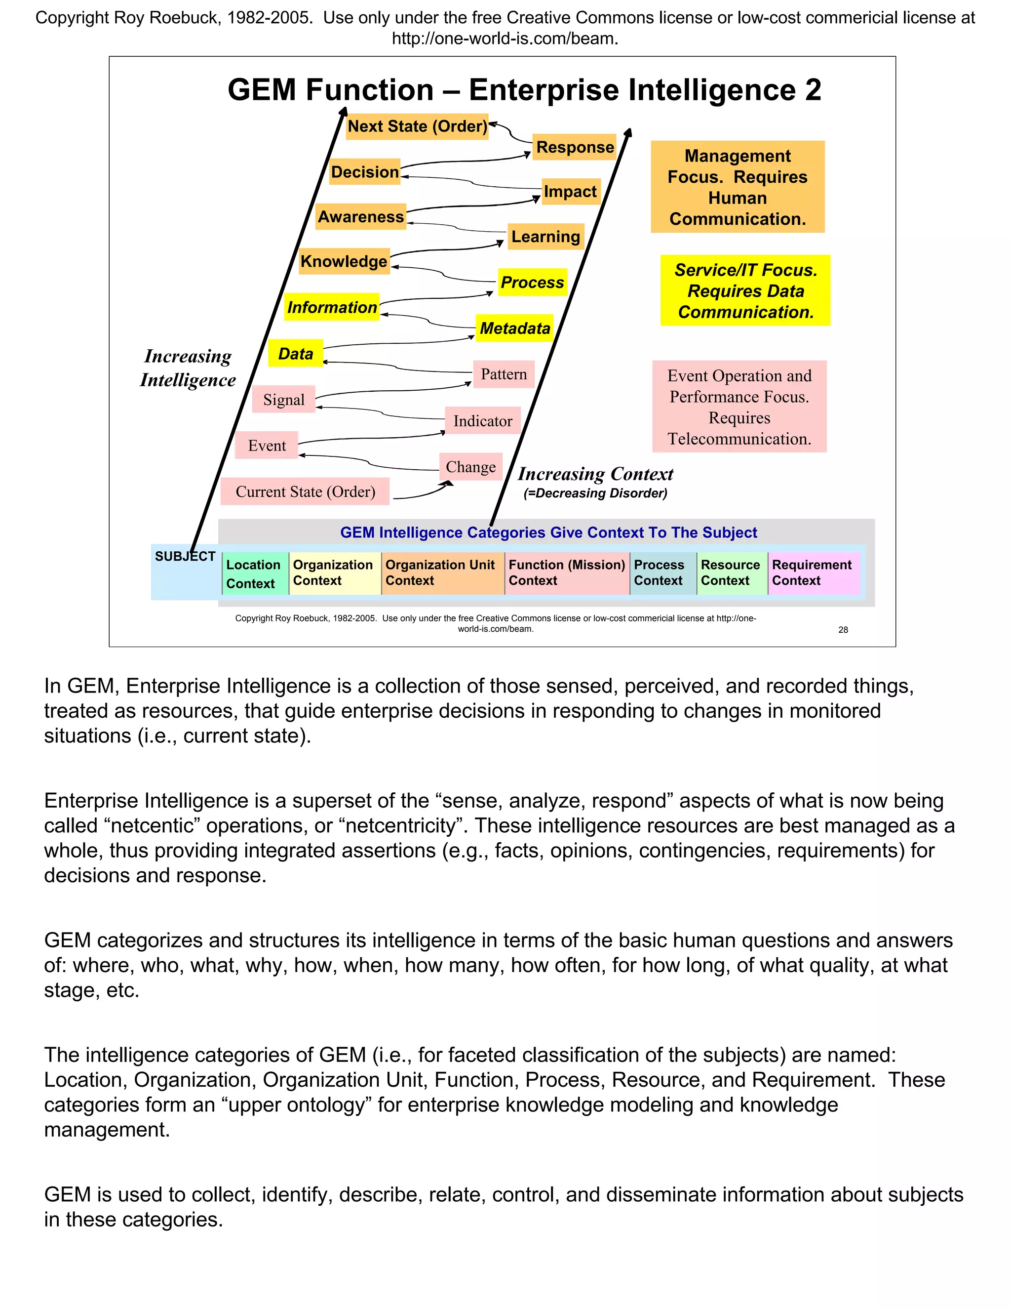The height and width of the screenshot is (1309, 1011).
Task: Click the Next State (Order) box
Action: pyautogui.click(x=418, y=126)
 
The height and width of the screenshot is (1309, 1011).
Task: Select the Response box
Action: pyautogui.click(x=575, y=147)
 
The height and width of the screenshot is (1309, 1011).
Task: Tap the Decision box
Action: pyautogui.click(x=365, y=172)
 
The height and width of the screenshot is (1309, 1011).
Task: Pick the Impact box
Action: pyautogui.click(x=570, y=192)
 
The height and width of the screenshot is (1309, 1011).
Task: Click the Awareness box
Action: pyautogui.click(x=360, y=216)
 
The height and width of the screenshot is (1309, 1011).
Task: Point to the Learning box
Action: pyautogui.click(x=545, y=237)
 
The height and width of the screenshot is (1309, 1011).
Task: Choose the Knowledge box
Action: pyautogui.click(x=344, y=261)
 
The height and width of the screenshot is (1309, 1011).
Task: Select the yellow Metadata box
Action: pyautogui.click(x=514, y=328)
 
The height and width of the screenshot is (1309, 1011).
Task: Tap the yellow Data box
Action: pyautogui.click(x=296, y=354)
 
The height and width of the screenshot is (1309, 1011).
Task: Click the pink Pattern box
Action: pyautogui.click(x=504, y=374)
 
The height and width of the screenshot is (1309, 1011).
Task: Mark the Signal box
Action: pyautogui.click(x=284, y=400)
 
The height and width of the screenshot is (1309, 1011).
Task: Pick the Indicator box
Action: pyautogui.click(x=483, y=421)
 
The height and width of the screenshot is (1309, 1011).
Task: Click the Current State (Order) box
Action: pyautogui.click(x=306, y=491)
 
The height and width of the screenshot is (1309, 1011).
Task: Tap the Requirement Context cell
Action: pyautogui.click(x=813, y=573)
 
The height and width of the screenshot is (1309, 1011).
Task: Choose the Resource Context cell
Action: pyautogui.click(x=731, y=573)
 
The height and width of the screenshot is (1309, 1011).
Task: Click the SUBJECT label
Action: pyautogui.click(x=185, y=556)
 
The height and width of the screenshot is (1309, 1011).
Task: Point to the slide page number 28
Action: pyautogui.click(x=843, y=629)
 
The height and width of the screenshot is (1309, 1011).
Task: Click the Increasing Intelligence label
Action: pyautogui.click(x=188, y=368)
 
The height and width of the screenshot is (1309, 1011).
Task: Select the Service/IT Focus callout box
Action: pyautogui.click(x=745, y=290)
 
